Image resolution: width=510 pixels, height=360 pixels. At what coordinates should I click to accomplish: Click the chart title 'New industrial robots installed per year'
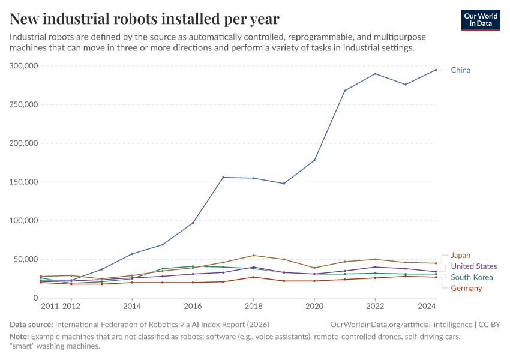coord(144,19)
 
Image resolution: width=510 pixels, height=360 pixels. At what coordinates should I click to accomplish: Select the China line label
coord(460,70)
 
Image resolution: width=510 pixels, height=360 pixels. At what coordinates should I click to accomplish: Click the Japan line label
coord(460,256)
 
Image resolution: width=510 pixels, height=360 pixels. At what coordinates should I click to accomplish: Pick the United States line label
coord(473,266)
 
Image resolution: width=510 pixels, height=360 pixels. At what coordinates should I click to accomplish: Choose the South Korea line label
coord(472,277)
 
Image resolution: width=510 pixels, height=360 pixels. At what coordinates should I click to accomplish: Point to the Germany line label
coord(466,289)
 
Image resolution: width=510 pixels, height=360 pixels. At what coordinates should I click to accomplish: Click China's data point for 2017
coord(223,177)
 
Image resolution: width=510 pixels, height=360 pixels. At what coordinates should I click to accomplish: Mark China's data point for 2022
coord(375,74)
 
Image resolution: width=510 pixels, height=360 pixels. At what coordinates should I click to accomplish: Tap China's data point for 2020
coord(314,160)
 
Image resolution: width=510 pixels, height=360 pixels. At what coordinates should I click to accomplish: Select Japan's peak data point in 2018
coord(253,256)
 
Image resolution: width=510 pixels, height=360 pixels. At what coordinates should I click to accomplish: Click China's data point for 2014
coord(132,254)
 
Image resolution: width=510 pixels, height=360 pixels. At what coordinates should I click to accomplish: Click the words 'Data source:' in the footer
coord(31,324)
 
